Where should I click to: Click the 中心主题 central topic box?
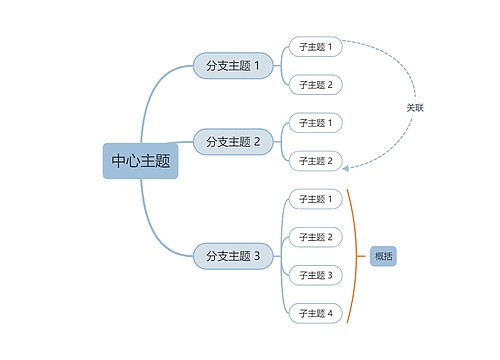(140, 160)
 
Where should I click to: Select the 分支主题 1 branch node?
(232, 66)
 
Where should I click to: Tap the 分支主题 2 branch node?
(232, 142)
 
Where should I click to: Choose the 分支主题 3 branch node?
(232, 256)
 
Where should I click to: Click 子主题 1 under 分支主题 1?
(315, 47)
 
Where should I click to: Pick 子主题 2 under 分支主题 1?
(315, 85)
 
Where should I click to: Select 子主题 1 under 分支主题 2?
(315, 123)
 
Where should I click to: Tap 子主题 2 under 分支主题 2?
(315, 161)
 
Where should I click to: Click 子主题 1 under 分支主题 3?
(315, 199)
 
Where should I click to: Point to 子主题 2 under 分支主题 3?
(315, 237)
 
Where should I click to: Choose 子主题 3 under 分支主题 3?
(315, 275)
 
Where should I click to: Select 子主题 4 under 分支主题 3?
(315, 313)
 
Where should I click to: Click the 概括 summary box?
(384, 256)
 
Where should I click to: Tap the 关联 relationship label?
(415, 107)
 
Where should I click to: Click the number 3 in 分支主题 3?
(256, 256)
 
